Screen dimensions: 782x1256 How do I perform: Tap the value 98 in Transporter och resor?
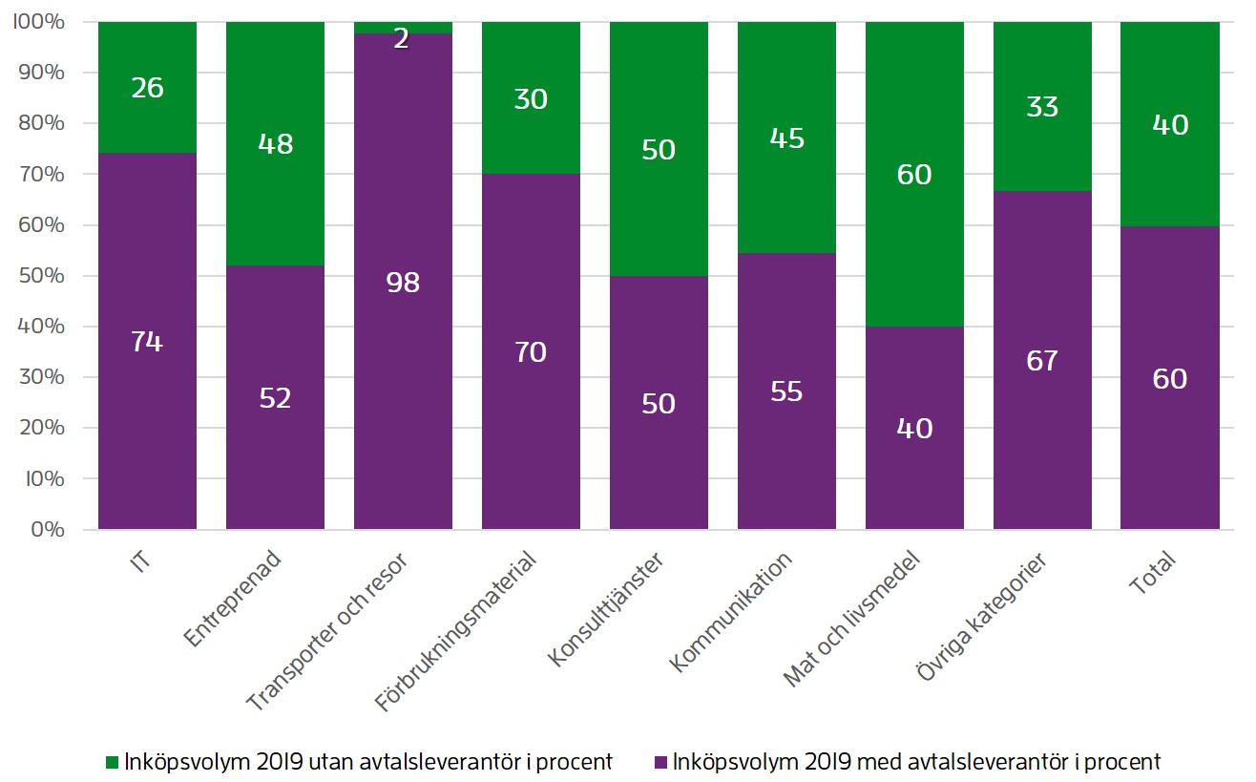(403, 283)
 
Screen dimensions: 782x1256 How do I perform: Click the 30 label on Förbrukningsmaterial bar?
(531, 99)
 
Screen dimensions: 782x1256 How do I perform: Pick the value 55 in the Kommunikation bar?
(786, 391)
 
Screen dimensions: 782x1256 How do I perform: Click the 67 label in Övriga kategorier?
(1042, 361)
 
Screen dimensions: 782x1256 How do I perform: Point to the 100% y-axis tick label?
(38, 22)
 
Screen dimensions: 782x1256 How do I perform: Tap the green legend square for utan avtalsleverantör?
(111, 762)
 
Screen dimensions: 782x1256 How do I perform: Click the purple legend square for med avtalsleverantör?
(659, 762)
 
